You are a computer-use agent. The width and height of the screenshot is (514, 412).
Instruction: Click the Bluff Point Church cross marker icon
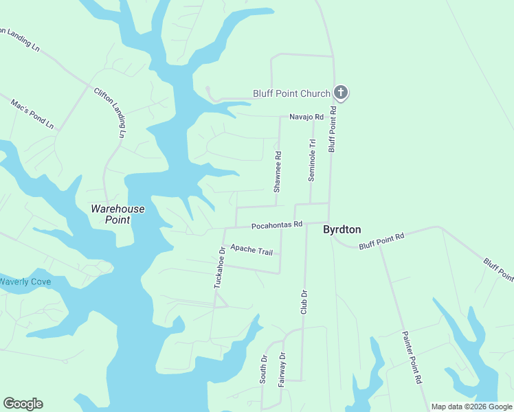341,93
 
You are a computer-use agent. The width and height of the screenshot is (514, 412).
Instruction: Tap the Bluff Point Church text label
292,93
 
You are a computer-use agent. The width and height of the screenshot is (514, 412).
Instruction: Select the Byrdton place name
342,230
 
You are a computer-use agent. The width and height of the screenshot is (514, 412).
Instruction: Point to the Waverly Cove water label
25,282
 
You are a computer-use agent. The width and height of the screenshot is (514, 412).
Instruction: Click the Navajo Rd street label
306,117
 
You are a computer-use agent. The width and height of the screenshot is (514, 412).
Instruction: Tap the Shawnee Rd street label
278,172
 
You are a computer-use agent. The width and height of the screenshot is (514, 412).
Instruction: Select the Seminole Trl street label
311,159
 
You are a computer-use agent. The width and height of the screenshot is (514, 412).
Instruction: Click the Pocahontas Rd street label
277,225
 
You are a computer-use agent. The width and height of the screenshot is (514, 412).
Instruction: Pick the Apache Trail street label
252,249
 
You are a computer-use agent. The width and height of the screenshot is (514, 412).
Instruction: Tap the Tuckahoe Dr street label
220,267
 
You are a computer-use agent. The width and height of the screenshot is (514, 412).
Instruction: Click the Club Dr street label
304,302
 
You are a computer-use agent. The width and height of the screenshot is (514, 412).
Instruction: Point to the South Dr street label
263,369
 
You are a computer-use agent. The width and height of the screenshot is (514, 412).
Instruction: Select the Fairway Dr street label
282,369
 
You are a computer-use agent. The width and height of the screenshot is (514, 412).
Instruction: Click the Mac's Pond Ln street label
32,114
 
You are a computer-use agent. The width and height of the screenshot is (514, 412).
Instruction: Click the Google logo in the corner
23,404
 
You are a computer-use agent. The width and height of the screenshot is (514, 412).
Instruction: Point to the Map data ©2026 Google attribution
471,407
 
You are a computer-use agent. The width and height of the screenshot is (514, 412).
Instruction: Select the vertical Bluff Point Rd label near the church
333,128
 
